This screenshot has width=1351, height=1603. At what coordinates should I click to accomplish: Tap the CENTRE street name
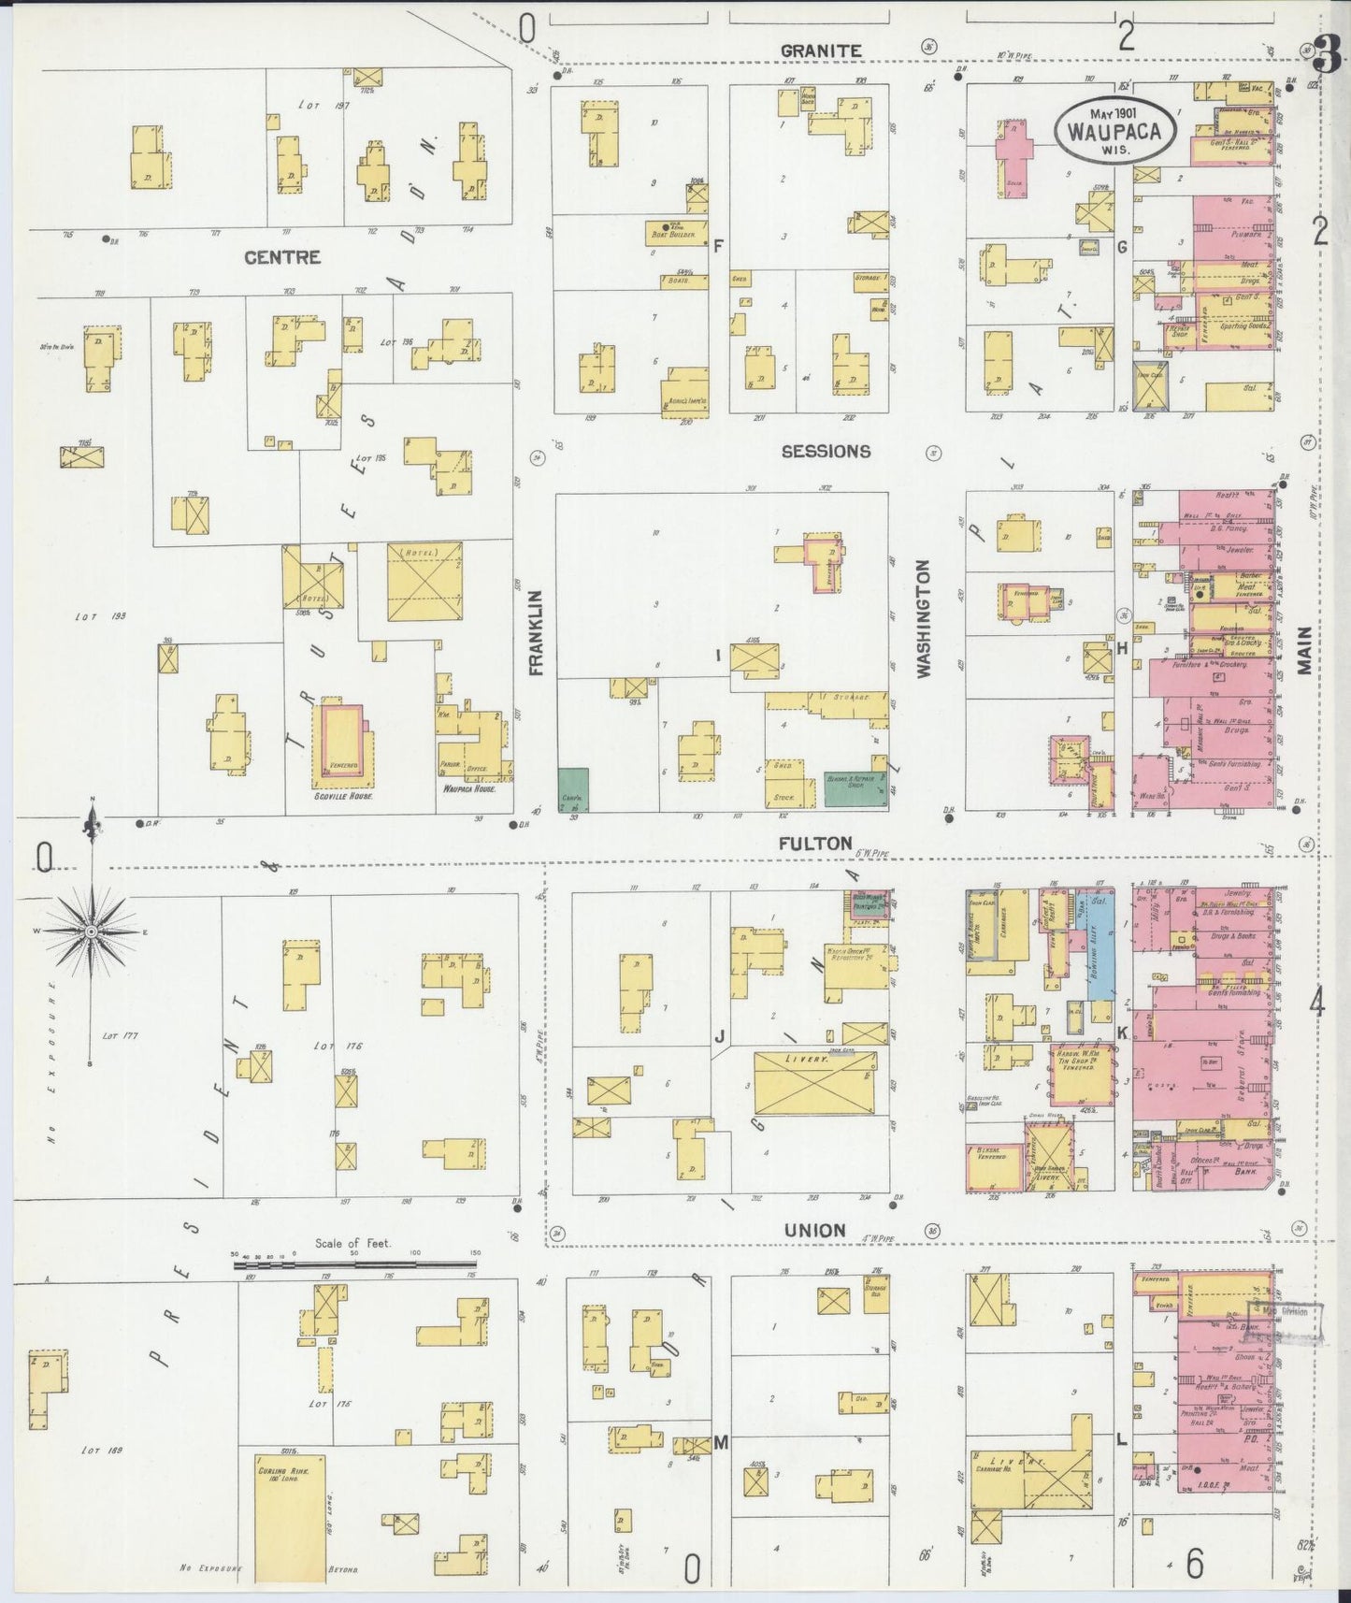282,257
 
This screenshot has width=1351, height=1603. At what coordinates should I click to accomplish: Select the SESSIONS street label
826,452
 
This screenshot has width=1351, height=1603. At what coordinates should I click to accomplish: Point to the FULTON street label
815,843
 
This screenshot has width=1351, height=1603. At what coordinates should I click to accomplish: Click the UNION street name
815,1231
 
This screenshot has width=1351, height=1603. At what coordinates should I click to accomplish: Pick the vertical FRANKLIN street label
536,632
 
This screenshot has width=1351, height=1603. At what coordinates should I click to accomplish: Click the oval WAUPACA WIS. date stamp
1114,131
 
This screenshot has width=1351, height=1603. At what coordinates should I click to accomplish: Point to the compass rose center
92,932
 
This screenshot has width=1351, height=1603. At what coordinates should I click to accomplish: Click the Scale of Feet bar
355,1264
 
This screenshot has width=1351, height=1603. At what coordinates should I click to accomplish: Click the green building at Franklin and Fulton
573,789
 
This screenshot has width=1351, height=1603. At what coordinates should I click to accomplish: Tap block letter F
718,247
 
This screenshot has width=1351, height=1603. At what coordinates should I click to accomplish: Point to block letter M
721,1443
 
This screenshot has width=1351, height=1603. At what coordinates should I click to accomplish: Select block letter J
720,1036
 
